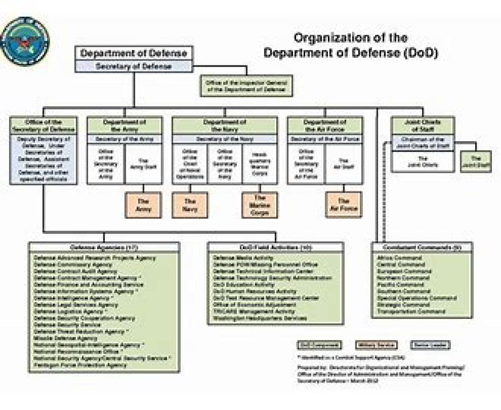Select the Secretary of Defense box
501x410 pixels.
click(x=134, y=66)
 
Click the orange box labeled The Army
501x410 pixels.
click(x=144, y=205)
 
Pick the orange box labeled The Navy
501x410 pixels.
click(x=190, y=205)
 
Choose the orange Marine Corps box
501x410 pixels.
click(x=259, y=205)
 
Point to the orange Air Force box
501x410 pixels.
click(x=344, y=205)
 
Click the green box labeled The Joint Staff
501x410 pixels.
click(x=476, y=162)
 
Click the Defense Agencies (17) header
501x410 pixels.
click(x=104, y=247)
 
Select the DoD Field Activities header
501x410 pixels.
click(x=276, y=247)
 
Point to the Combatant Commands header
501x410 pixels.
click(x=422, y=247)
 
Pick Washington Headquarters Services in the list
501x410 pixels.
click(x=260, y=318)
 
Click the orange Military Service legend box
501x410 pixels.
click(x=376, y=345)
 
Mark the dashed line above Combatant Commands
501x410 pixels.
click(x=385, y=196)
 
